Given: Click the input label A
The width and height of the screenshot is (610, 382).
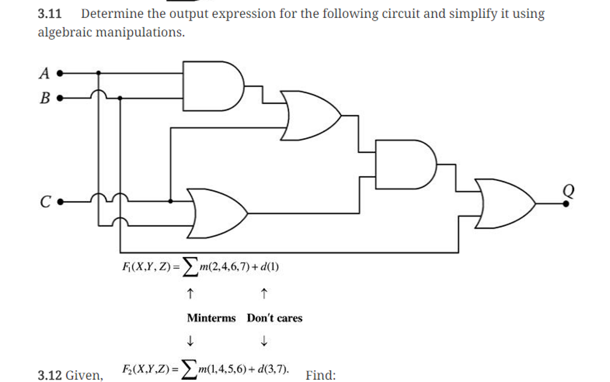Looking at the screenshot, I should pyautogui.click(x=43, y=73).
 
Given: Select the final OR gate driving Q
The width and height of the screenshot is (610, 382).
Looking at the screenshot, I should pyautogui.click(x=503, y=203).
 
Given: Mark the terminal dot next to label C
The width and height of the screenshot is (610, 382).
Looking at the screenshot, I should pyautogui.click(x=60, y=202).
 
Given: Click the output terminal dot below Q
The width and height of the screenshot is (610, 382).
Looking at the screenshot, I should pyautogui.click(x=565, y=203).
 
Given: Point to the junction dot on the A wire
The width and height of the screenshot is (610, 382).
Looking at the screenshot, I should pyautogui.click(x=98, y=74).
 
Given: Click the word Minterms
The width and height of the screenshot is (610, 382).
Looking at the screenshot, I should pyautogui.click(x=211, y=318).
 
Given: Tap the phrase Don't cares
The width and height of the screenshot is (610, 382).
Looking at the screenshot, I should pyautogui.click(x=275, y=318).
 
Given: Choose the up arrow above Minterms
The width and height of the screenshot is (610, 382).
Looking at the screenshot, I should pyautogui.click(x=189, y=293).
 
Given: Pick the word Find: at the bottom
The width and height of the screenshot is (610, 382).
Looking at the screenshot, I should pyautogui.click(x=320, y=375).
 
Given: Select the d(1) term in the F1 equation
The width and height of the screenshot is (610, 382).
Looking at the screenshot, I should pyautogui.click(x=269, y=267).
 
